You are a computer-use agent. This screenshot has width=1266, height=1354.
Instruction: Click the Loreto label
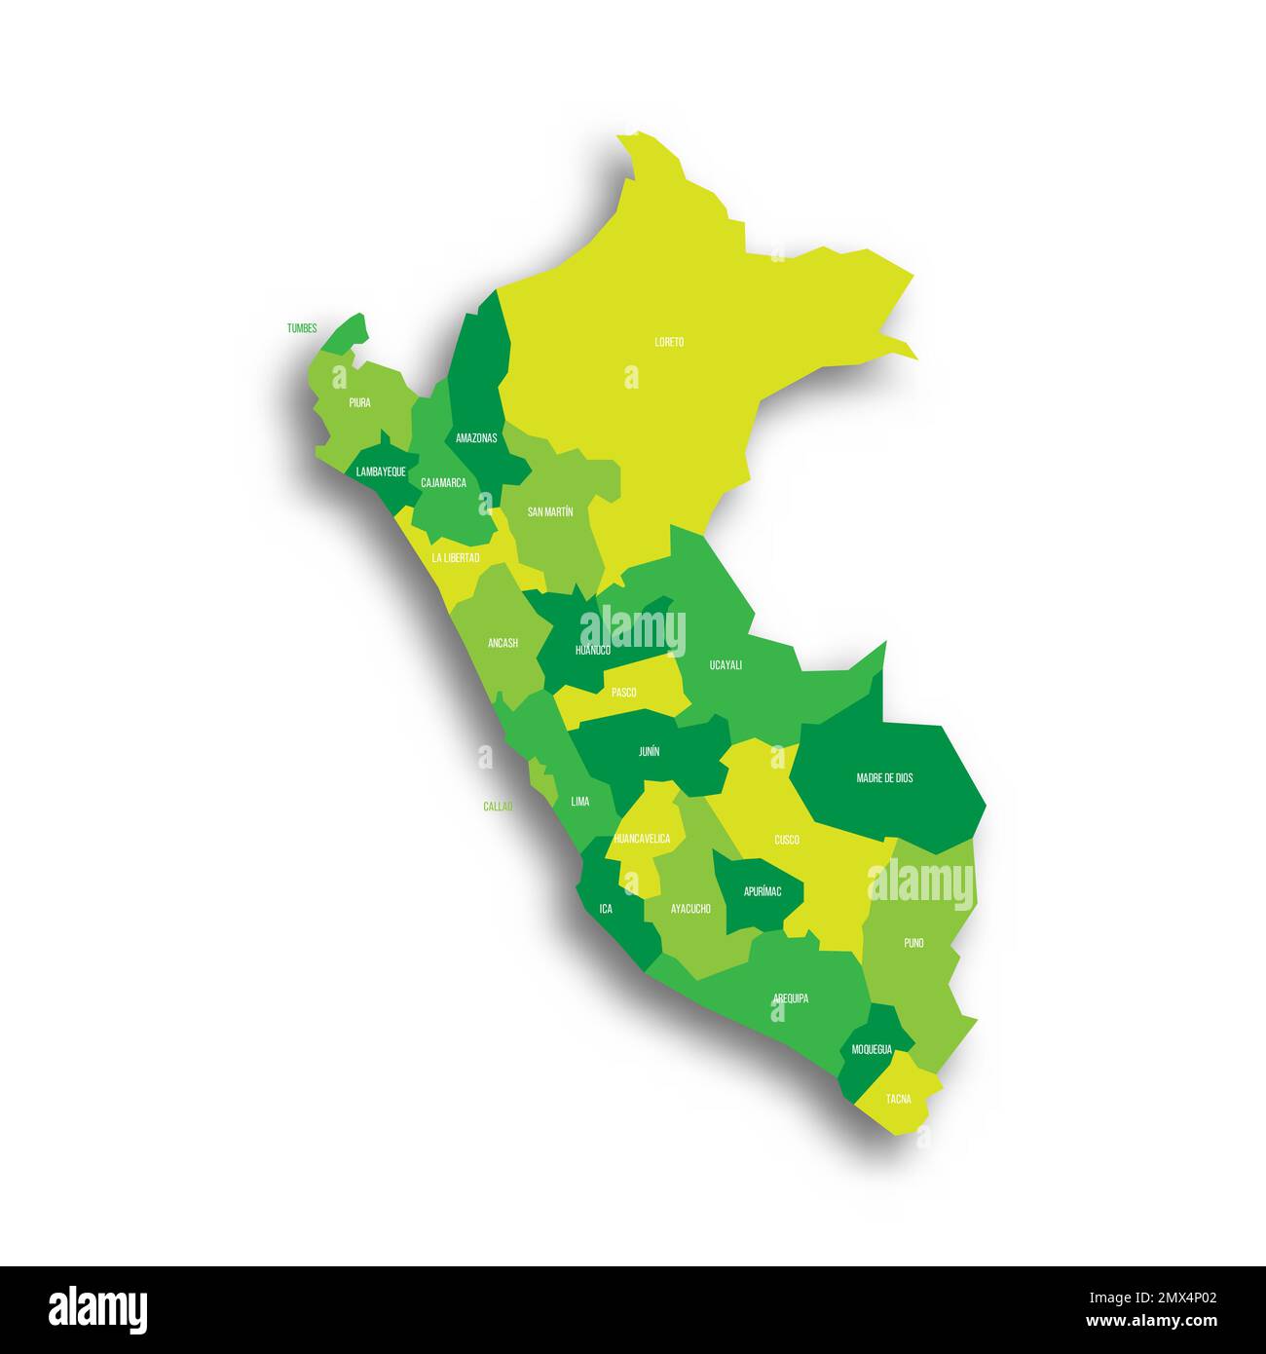669,342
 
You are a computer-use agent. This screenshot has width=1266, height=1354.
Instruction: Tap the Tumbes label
302,328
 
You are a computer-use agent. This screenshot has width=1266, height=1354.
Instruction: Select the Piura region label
359,402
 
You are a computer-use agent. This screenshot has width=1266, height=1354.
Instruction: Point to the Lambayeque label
381,471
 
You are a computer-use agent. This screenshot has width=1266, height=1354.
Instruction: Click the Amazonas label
476,438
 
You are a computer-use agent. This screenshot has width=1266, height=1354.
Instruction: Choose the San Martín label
550,511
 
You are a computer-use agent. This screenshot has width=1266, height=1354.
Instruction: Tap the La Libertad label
456,558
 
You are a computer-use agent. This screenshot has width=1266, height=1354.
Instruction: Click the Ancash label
503,643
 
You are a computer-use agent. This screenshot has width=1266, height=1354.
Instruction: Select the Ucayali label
726,665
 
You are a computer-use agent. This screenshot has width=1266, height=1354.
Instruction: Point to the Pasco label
623,693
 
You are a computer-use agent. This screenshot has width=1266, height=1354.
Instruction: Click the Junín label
649,752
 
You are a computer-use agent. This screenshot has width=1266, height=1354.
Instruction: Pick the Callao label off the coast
498,807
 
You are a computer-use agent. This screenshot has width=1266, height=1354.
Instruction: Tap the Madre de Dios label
884,778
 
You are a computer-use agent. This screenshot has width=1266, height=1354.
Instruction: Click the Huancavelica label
642,839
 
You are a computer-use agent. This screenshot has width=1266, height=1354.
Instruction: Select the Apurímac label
763,891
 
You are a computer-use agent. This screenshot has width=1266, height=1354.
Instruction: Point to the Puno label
913,943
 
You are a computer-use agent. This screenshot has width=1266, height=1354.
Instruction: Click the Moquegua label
872,1049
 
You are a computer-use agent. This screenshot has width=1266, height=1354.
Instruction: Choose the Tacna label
899,1099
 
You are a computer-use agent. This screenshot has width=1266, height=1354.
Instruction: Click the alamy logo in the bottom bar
98,1309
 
